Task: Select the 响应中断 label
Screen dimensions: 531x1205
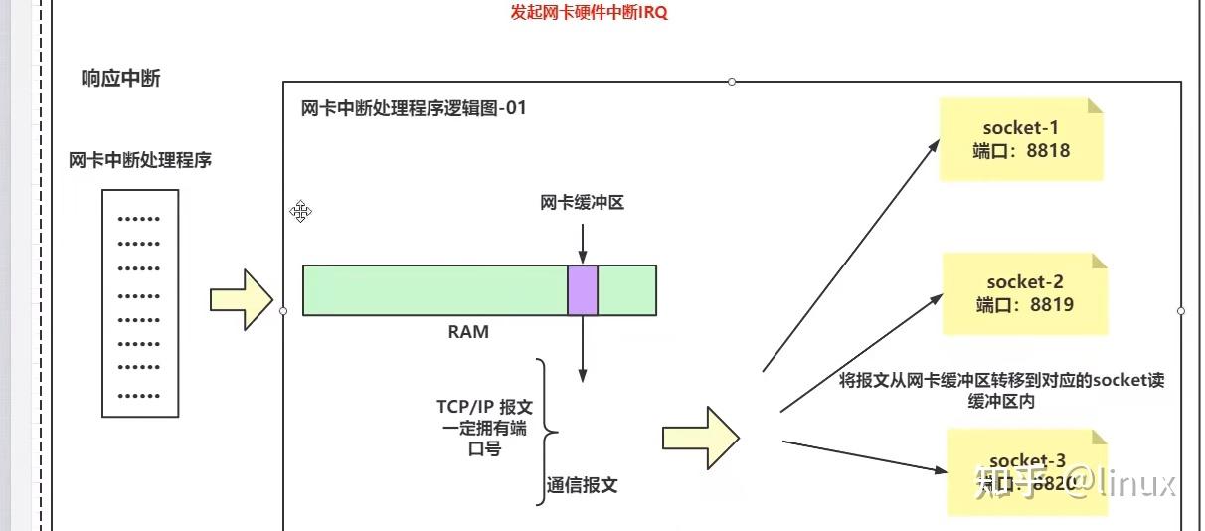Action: tap(120, 79)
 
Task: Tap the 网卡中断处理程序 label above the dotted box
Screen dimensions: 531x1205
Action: tap(140, 160)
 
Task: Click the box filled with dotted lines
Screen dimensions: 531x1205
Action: tap(140, 302)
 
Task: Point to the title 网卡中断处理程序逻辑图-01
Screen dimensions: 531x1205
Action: tap(413, 108)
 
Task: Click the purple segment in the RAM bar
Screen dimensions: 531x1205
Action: tap(583, 290)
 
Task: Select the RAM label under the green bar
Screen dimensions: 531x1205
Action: tap(467, 332)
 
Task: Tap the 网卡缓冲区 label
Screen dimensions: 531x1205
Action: tap(582, 203)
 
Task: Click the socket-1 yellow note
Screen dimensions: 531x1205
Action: tap(1021, 139)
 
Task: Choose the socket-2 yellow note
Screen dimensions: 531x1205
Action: tap(1024, 293)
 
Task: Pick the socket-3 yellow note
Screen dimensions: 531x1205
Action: tap(1027, 471)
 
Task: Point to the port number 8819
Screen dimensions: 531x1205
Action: tap(1051, 305)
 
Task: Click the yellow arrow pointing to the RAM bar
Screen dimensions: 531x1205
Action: tap(241, 299)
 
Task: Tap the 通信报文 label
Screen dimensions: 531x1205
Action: tap(582, 485)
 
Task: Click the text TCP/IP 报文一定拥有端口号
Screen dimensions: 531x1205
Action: tap(486, 428)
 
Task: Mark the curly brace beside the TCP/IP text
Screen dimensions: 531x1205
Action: tap(546, 432)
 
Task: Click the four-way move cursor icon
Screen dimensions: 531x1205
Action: tap(301, 211)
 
